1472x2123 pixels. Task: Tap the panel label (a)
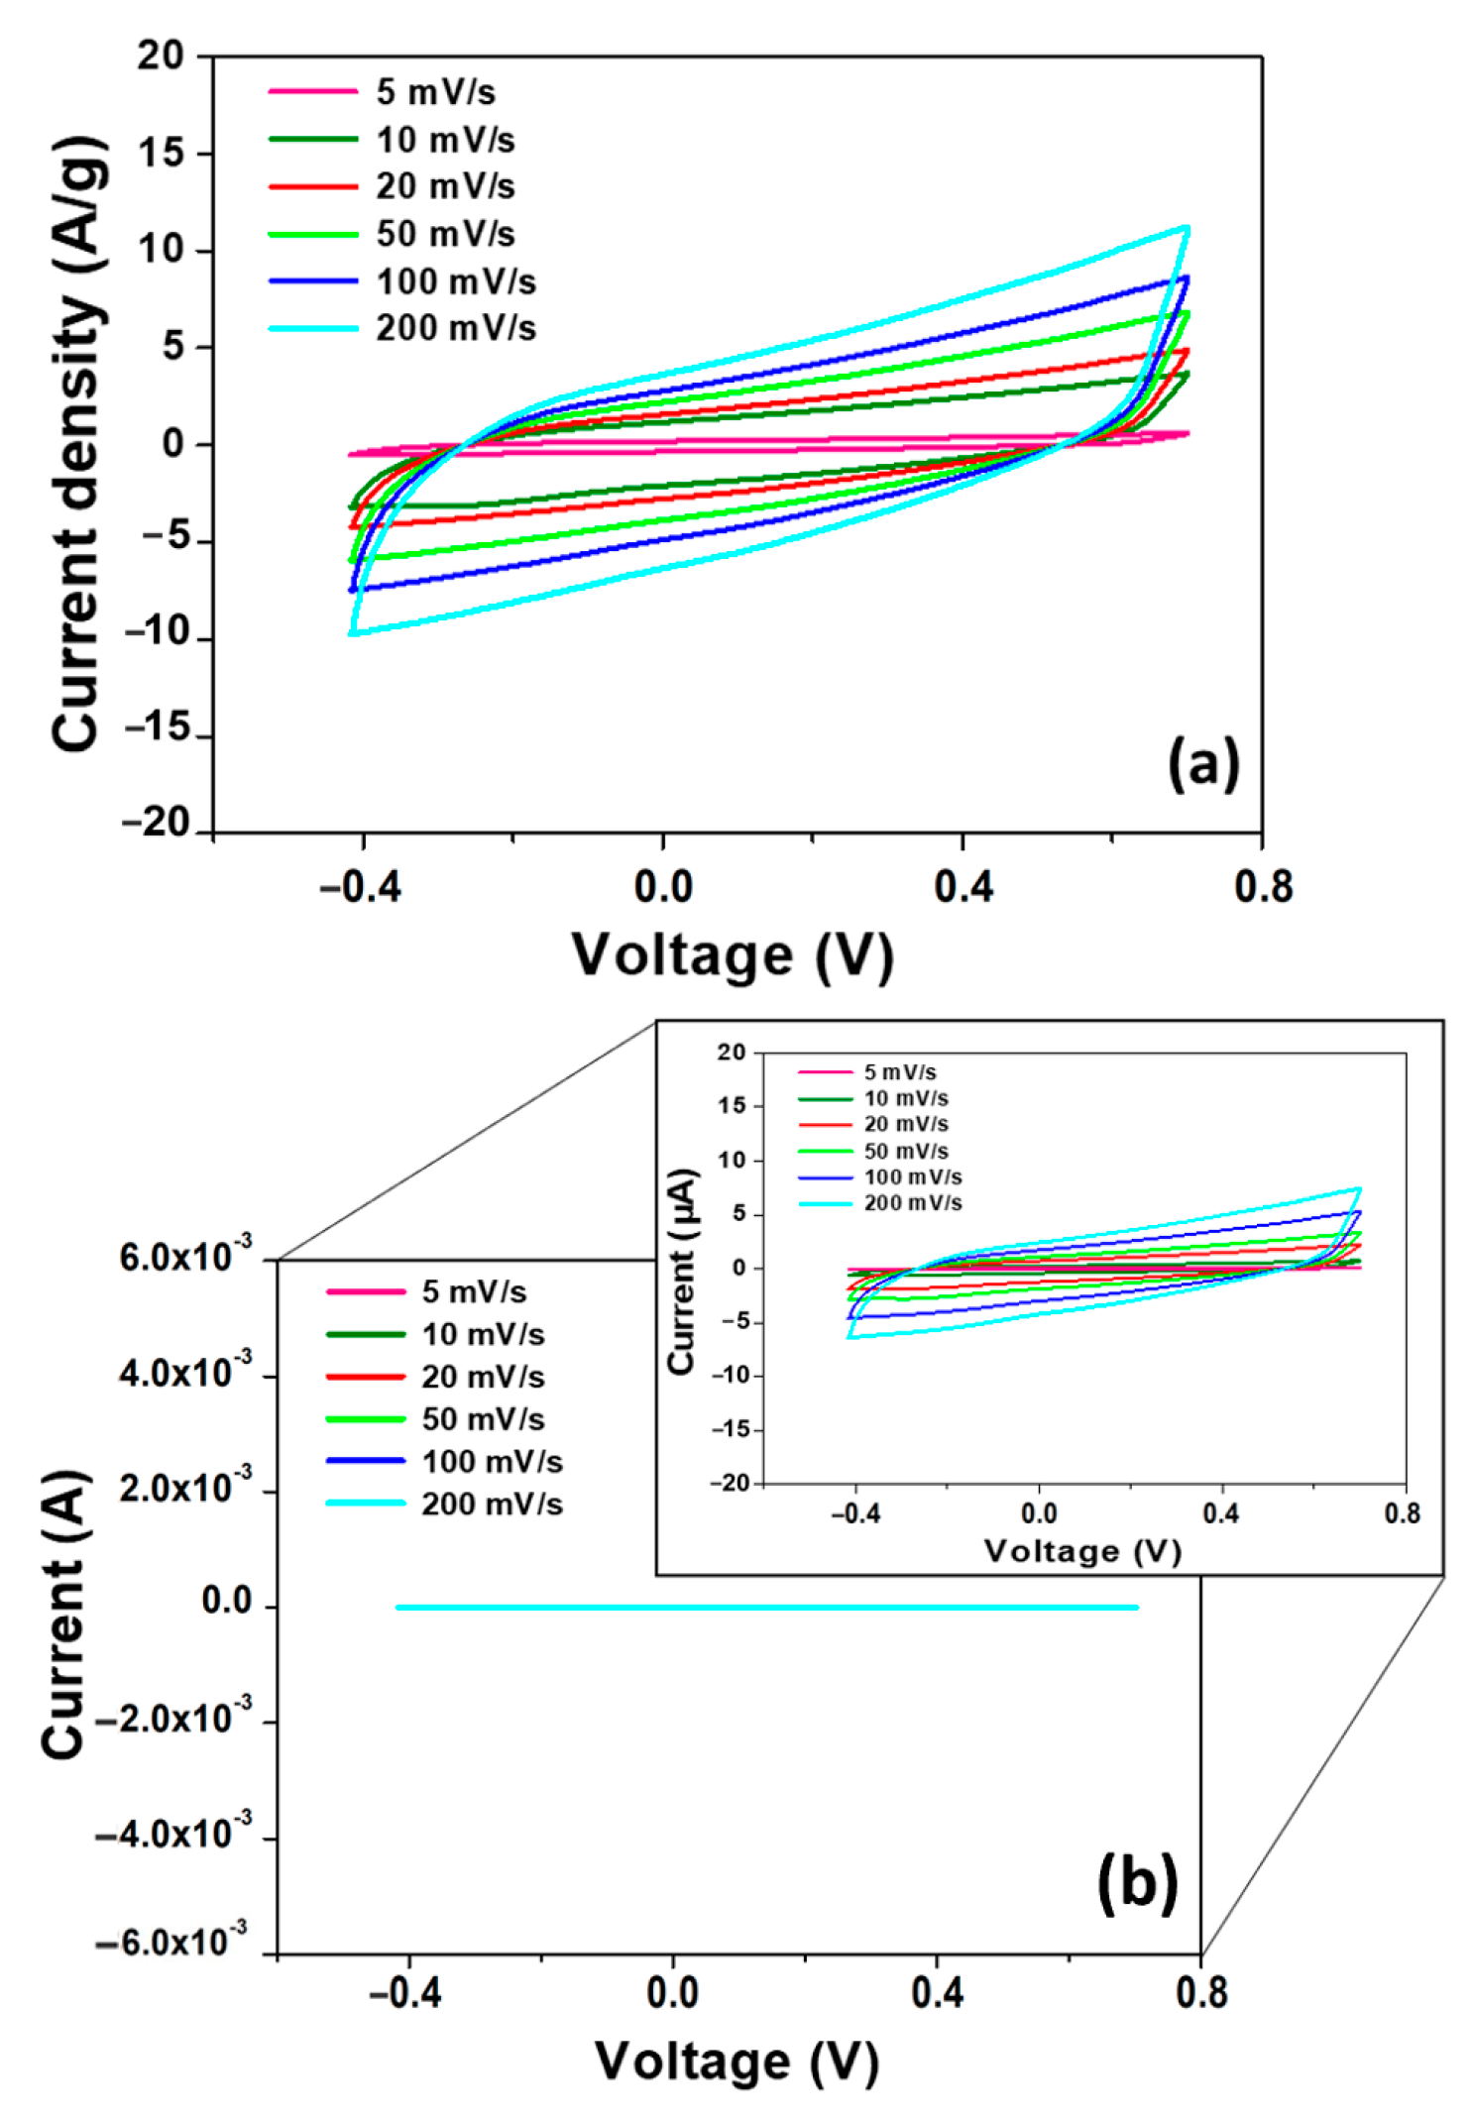[1202, 763]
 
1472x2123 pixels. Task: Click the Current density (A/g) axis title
[76, 443]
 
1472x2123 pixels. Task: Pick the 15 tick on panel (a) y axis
[162, 153]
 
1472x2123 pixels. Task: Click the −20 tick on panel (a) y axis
[156, 823]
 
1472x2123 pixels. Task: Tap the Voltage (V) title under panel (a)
[733, 956]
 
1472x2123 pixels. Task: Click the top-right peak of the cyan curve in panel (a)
[1186, 228]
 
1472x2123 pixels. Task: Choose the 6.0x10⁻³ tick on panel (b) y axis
[185, 1257]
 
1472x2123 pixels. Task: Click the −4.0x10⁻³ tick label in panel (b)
[173, 1835]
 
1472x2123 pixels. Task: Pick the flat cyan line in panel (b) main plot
[766, 1608]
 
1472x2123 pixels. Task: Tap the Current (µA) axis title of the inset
[682, 1272]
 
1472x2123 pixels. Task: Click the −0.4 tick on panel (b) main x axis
[405, 1991]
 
